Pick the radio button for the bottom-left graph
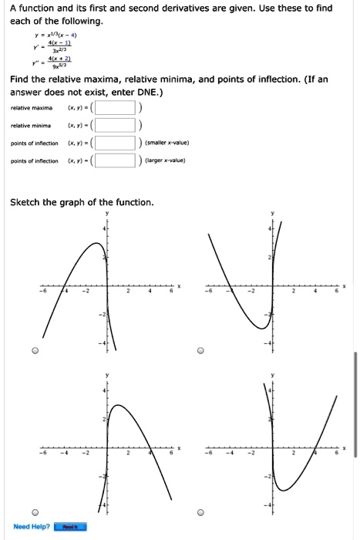click(35, 511)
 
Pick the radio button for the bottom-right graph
click(200, 511)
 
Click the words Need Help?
click(32, 527)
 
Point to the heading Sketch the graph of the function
click(82, 203)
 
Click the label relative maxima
click(32, 107)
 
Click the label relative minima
click(31, 125)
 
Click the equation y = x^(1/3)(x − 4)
click(70, 35)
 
